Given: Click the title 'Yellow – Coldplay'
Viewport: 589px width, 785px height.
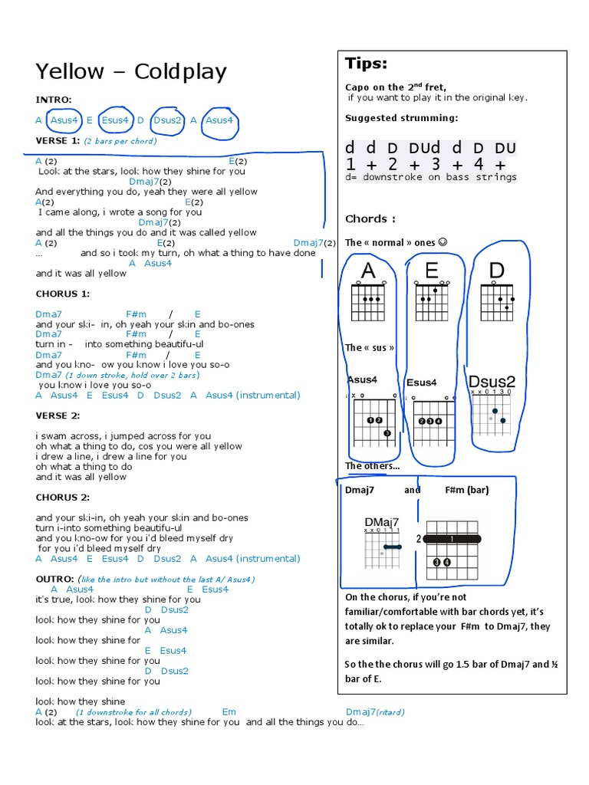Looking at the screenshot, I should pos(131,72).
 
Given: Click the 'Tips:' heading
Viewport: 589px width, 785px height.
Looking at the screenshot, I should pos(366,63).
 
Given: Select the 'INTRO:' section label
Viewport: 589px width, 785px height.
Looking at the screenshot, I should pos(54,100).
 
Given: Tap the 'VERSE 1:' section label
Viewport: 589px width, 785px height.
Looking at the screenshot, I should pos(58,141).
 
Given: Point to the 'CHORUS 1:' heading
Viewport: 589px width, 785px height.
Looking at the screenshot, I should pos(63,294).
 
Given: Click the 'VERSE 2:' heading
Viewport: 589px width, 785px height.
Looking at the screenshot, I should pos(58,415).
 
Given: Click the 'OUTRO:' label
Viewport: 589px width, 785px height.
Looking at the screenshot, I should pos(54,579).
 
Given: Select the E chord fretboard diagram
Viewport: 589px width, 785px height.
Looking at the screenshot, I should pos(433,301).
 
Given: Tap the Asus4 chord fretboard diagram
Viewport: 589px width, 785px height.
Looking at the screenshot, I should pos(371,422).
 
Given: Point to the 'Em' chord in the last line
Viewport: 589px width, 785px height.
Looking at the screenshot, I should pos(229,712).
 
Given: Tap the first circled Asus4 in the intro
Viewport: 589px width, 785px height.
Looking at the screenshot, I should pos(64,120).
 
